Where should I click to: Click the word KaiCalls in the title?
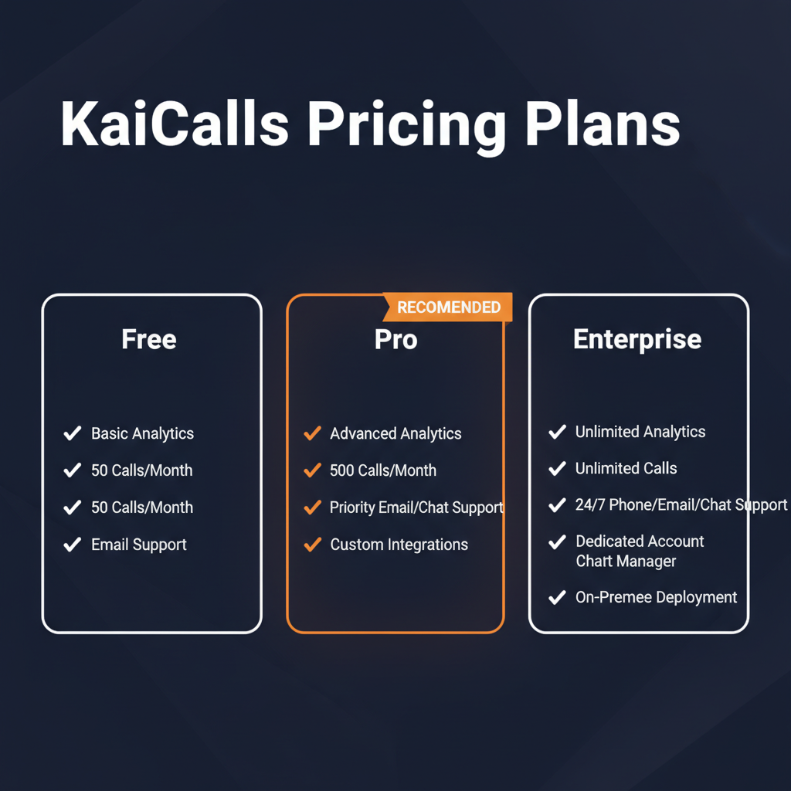[175, 124]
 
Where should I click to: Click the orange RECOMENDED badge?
[448, 307]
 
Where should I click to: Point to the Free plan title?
[149, 339]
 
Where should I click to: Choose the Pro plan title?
[395, 339]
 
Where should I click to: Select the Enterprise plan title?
[637, 339]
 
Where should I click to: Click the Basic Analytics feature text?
[142, 433]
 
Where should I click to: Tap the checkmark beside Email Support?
[73, 545]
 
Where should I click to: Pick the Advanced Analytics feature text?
[395, 433]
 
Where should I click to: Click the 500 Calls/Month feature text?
[382, 470]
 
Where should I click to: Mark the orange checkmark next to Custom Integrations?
[312, 545]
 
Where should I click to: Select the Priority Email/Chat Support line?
[416, 508]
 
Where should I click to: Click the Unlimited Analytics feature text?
[640, 432]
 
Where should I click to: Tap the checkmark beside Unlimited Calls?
[557, 468]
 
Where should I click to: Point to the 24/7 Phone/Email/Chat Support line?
[681, 505]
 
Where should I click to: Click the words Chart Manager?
[626, 562]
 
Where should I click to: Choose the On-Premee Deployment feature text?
[656, 597]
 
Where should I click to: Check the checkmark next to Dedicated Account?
[557, 541]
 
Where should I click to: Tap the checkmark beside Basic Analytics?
[73, 433]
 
